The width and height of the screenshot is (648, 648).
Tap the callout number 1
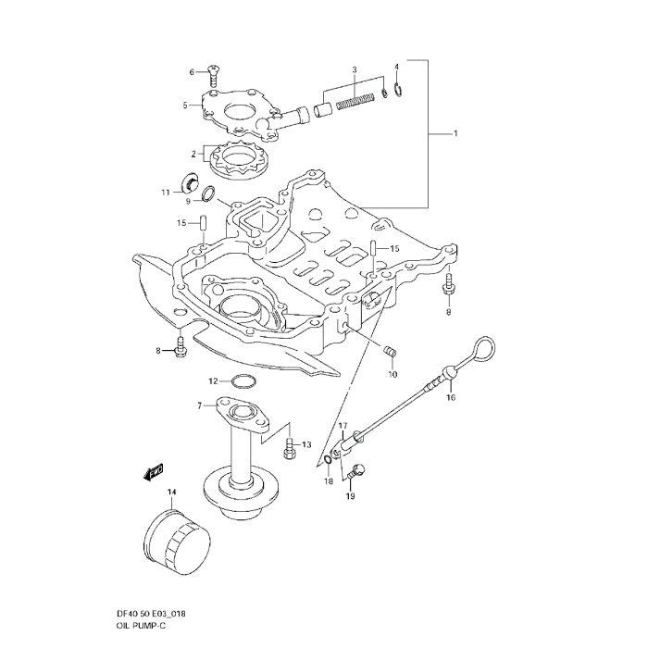[x=455, y=135]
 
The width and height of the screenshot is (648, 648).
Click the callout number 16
[x=450, y=398]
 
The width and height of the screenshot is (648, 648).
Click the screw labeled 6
[x=214, y=70]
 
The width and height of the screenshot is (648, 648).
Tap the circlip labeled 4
[x=396, y=91]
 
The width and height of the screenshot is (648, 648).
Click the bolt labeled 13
[x=290, y=446]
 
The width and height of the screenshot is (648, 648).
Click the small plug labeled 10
[x=390, y=353]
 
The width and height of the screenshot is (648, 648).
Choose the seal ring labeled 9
[x=211, y=194]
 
